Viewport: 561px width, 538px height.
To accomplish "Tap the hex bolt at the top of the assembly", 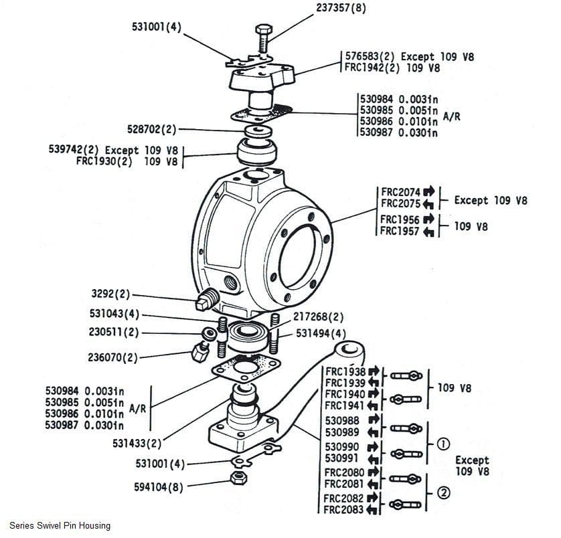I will [x=262, y=38].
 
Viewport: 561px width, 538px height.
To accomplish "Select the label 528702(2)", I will [x=151, y=128].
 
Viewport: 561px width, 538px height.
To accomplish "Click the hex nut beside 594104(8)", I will [x=236, y=478].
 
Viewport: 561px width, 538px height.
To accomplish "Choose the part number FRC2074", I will [x=400, y=192].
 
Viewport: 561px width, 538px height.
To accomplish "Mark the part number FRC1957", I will [x=400, y=232].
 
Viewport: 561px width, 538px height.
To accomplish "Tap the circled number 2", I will [x=443, y=493].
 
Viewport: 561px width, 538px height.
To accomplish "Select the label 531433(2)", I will [x=137, y=443].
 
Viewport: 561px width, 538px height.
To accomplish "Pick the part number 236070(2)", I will [x=112, y=357].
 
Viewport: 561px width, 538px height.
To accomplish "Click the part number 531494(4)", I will [x=321, y=333].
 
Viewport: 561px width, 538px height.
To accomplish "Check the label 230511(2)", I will [x=114, y=331].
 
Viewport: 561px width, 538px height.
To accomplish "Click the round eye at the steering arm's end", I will [x=349, y=349].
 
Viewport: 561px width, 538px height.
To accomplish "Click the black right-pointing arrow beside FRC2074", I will [x=429, y=192].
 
